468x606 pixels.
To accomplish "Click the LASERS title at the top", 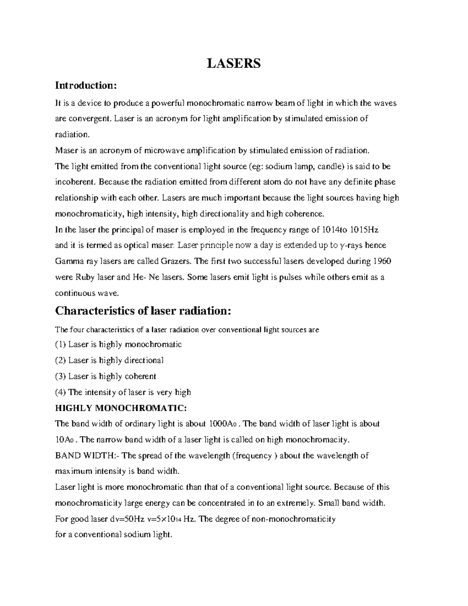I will (233, 63).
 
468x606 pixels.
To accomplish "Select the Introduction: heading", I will (86, 85).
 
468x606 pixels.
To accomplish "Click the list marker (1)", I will (61, 345).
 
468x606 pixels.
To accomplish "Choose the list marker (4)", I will (61, 392).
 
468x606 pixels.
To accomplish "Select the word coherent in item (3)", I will (140, 376).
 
